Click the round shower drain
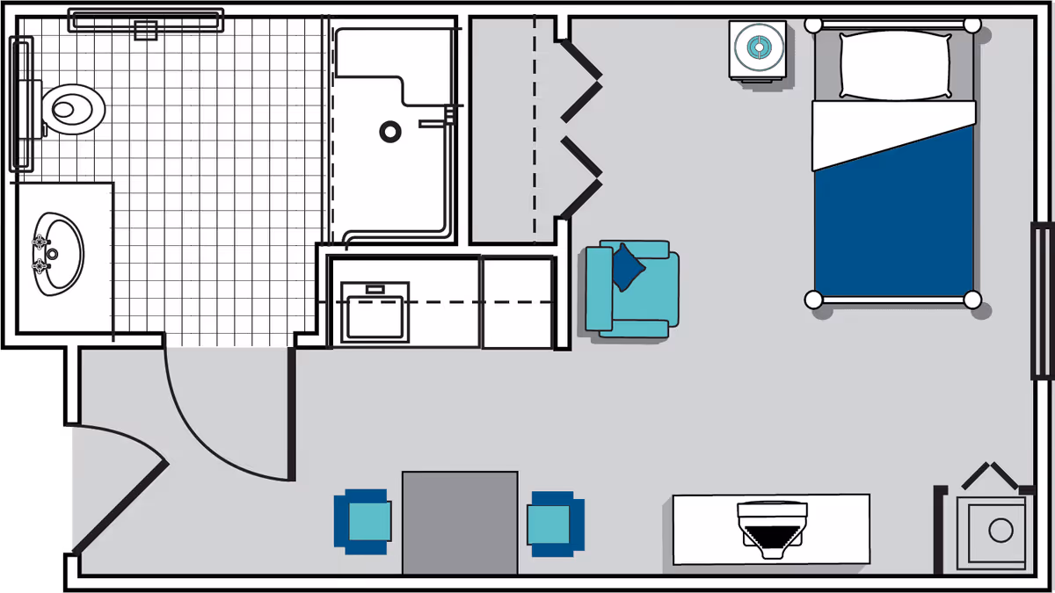click(390, 132)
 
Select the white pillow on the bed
click(895, 66)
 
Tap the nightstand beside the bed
click(757, 50)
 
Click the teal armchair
click(633, 290)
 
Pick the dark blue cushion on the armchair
click(628, 266)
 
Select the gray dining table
click(460, 522)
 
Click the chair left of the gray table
click(361, 522)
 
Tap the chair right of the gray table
click(555, 522)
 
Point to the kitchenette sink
click(376, 311)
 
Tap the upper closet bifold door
click(579, 80)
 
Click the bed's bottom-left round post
click(813, 300)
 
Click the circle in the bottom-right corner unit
click(1000, 530)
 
